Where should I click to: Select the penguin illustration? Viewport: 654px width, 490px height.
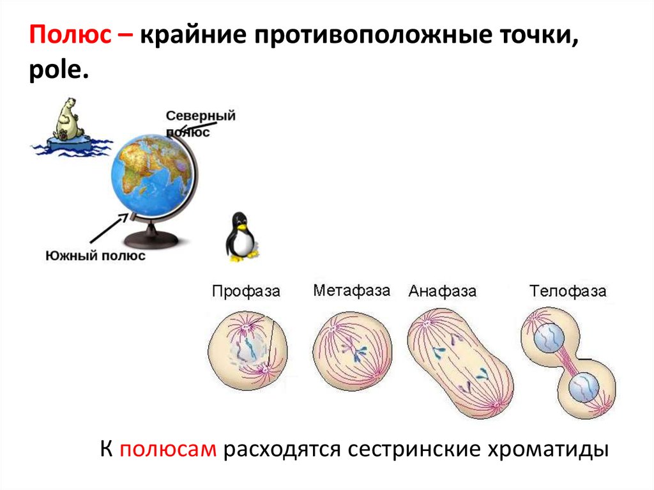click(241, 237)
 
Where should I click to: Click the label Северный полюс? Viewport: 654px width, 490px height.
click(200, 123)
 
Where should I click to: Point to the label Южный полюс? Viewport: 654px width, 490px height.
click(96, 256)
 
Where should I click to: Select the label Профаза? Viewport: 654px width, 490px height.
click(246, 292)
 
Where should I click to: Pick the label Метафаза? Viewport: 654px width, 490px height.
click(351, 291)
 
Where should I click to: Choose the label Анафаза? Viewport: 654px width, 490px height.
click(443, 292)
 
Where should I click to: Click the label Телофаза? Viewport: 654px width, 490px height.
click(568, 292)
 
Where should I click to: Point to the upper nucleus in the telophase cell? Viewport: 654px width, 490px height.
click(548, 337)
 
